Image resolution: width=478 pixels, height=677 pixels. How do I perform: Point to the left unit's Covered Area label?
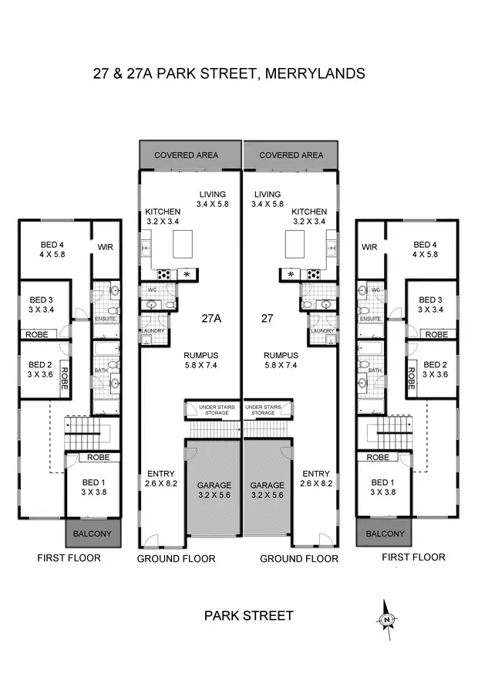(186, 155)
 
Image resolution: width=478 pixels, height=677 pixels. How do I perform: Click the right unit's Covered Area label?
(291, 155)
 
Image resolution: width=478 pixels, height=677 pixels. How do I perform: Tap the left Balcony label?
(93, 533)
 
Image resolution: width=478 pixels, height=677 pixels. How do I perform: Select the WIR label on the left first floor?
(106, 248)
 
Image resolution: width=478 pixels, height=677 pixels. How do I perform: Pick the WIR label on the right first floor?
(369, 248)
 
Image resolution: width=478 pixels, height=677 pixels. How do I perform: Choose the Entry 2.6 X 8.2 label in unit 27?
(316, 479)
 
